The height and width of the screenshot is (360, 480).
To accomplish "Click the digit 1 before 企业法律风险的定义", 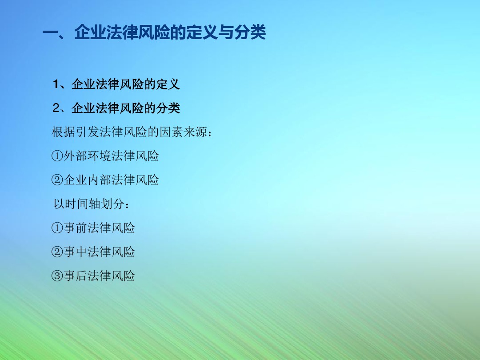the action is [56, 84].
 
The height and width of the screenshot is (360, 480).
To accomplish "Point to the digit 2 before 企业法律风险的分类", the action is [56, 108].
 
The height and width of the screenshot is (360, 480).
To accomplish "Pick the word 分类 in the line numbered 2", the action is [168, 108].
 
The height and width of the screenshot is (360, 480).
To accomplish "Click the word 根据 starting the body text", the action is [64, 132].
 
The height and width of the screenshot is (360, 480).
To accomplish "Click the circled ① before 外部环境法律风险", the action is [57, 156].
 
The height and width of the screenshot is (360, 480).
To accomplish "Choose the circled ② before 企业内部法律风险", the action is [57, 180].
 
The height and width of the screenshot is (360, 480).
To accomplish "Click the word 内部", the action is [100, 180].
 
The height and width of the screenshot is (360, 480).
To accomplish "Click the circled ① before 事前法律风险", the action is [57, 228].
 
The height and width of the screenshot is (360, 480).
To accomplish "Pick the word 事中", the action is [75, 252].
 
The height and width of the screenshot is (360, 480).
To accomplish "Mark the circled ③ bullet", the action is [57, 276].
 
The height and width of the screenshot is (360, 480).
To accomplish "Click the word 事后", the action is [75, 276].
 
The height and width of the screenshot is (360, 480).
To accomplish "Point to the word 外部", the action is [76, 156].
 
